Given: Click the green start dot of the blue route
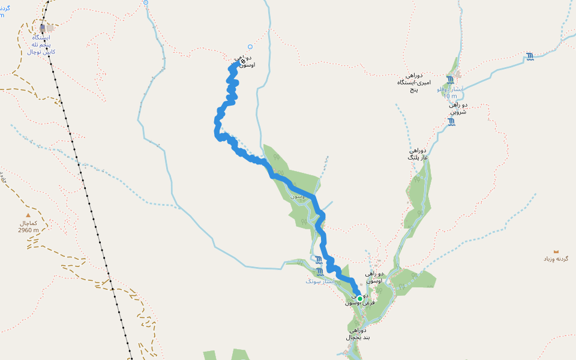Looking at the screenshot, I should pyautogui.click(x=359, y=298).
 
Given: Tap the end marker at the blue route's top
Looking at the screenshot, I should pyautogui.click(x=242, y=61).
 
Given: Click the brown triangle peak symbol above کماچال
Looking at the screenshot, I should pyautogui.click(x=27, y=215).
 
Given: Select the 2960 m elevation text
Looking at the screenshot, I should pyautogui.click(x=28, y=230).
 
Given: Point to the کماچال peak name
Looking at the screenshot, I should pyautogui.click(x=28, y=223).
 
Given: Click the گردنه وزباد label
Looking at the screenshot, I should pyautogui.click(x=556, y=259).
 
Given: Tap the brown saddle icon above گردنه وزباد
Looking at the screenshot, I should pyautogui.click(x=556, y=251).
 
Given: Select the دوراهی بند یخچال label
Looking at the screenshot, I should pyautogui.click(x=358, y=334).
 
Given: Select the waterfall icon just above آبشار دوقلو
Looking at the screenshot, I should pyautogui.click(x=450, y=80).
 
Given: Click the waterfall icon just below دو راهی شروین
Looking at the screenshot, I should pyautogui.click(x=451, y=122).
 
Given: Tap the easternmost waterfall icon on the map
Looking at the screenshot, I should pyautogui.click(x=530, y=57).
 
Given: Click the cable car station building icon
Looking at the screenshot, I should pyautogui.click(x=42, y=28).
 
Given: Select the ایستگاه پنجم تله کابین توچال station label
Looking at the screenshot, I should pyautogui.click(x=41, y=44).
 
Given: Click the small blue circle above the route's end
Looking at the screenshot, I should pyautogui.click(x=250, y=47).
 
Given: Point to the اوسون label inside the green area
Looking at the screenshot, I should pyautogui.click(x=298, y=196).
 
